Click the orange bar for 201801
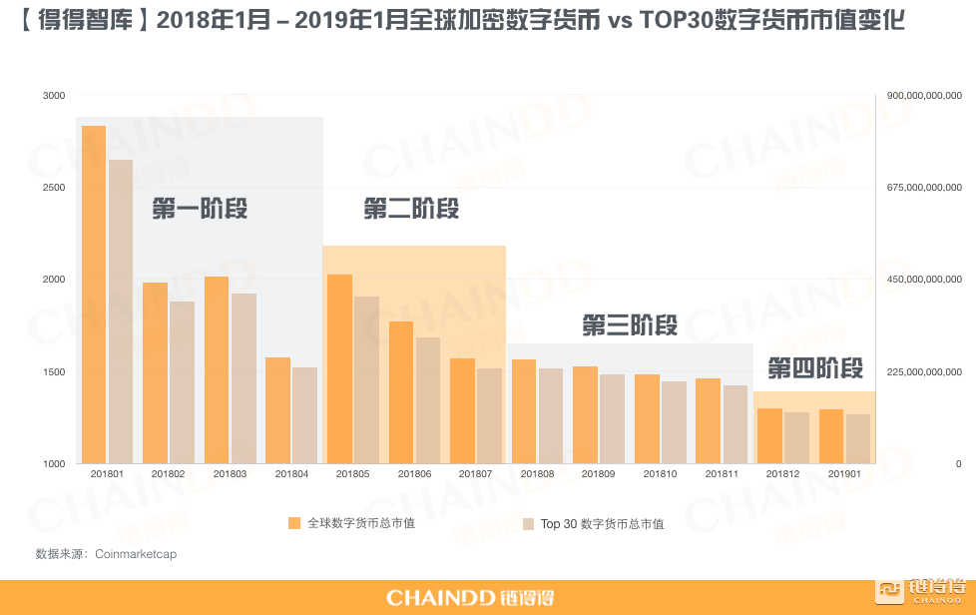click(94, 295)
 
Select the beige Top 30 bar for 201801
click(121, 311)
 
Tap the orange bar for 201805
click(340, 369)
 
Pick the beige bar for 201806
click(428, 400)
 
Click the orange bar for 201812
click(770, 435)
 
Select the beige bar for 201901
click(858, 439)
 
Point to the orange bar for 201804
click(278, 410)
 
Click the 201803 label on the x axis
click(230, 473)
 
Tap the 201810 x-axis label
click(660, 473)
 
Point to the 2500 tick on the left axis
click(54, 188)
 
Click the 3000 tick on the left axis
click(54, 95)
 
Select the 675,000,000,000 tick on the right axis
click(924, 188)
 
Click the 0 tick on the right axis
click(959, 463)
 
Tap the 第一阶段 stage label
click(200, 209)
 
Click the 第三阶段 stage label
click(630, 324)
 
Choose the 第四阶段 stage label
click(815, 368)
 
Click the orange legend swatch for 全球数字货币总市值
click(294, 523)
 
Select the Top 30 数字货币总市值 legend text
click(602, 524)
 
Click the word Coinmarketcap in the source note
click(136, 554)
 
